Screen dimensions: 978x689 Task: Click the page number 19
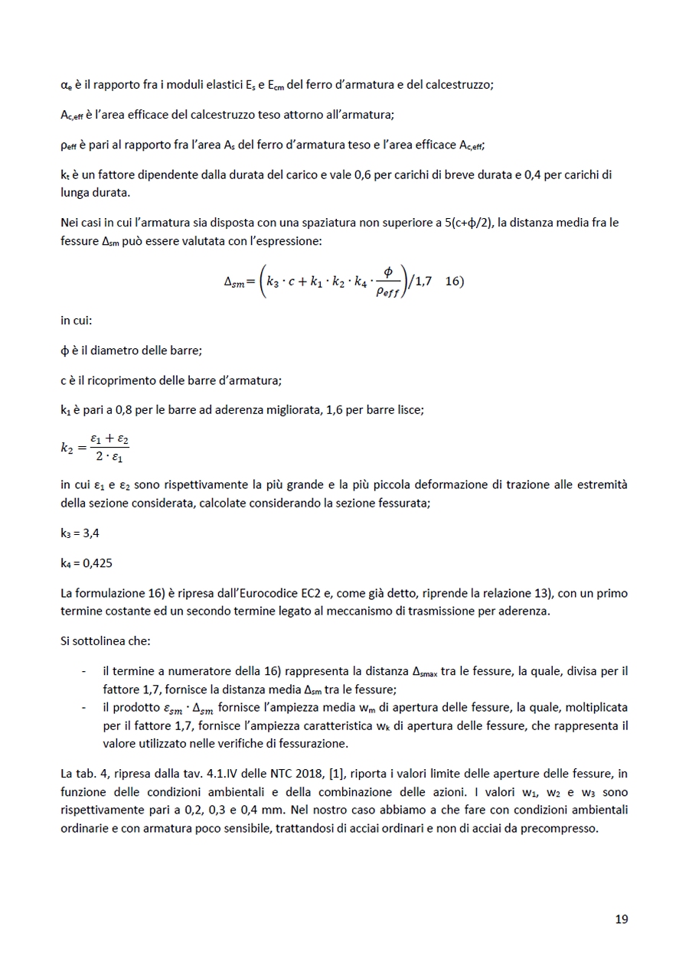pos(621,919)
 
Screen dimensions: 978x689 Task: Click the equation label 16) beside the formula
pos(454,281)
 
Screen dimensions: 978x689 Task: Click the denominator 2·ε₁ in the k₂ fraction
pos(109,458)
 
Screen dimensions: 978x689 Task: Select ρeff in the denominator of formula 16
pos(389,291)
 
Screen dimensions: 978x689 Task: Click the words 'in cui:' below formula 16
pos(76,321)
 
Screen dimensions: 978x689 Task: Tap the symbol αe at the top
pos(66,85)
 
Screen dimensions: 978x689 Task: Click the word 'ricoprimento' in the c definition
pos(123,380)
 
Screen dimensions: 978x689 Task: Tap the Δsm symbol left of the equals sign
pos(234,282)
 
